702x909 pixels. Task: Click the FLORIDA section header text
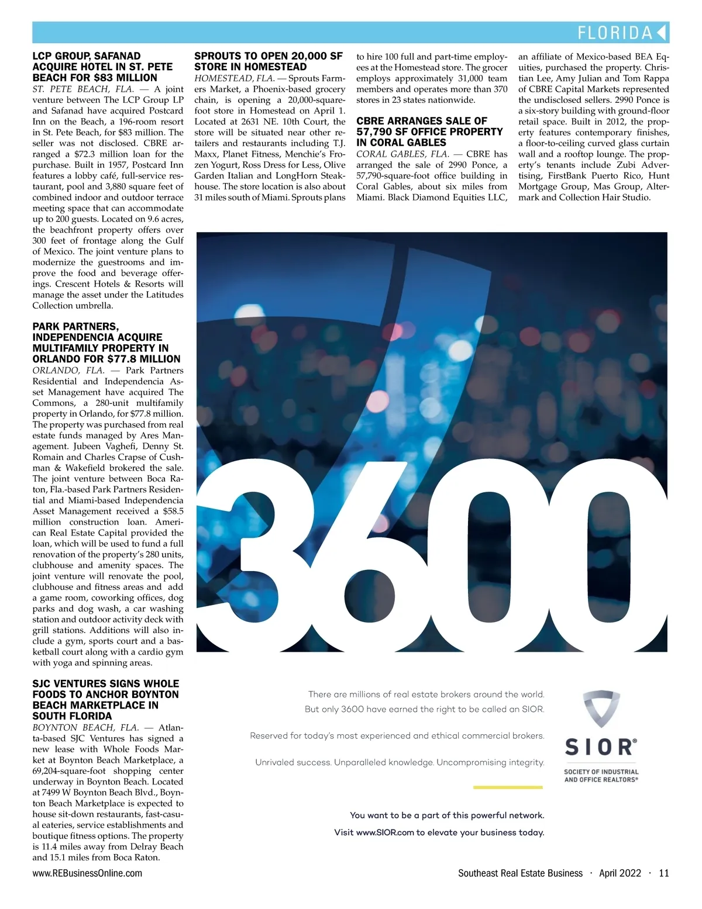click(614, 33)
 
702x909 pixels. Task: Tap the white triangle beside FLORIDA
click(662, 33)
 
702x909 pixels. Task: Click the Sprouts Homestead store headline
click(269, 61)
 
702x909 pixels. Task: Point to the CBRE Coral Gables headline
click(429, 132)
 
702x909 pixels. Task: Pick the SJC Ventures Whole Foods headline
click(106, 700)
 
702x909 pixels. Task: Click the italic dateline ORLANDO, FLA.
click(68, 371)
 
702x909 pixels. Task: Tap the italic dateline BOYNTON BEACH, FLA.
click(85, 728)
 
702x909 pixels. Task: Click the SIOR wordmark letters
click(600, 748)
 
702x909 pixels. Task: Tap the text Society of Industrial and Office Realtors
click(601, 776)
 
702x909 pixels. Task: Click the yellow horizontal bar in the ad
click(508, 787)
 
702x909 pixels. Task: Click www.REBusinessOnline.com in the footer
click(87, 873)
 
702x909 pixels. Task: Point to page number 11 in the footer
click(663, 873)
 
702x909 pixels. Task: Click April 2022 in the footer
click(620, 873)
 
